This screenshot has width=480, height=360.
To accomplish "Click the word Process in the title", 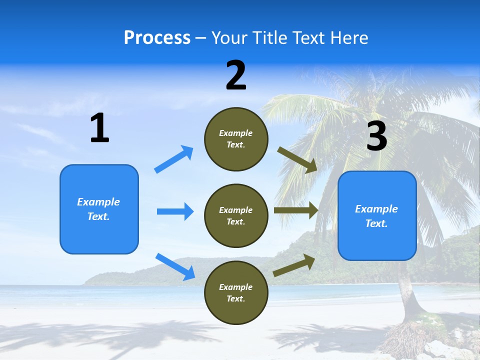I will click(x=157, y=37).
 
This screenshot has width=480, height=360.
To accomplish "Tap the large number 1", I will click(x=99, y=128).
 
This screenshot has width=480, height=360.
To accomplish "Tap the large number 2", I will click(x=236, y=75).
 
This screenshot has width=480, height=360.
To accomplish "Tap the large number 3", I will click(x=376, y=136).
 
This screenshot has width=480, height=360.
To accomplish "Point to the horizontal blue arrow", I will click(x=175, y=211).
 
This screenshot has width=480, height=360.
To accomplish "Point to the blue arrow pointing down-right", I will click(x=175, y=266).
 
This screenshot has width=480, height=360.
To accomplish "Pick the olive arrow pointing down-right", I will click(x=297, y=160).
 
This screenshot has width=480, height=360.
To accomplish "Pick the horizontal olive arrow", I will click(x=296, y=210).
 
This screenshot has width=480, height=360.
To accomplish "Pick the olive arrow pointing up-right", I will click(x=294, y=265).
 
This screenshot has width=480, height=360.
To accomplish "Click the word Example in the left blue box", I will click(x=98, y=202).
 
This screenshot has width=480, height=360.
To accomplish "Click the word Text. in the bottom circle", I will click(x=235, y=298).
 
